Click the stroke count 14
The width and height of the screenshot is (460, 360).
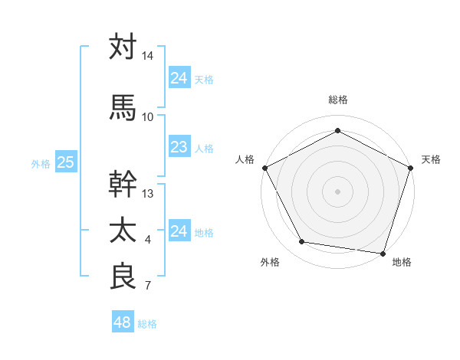coord(148,56)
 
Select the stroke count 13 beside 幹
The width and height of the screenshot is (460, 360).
coord(148,193)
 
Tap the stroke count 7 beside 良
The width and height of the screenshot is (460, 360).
coord(147,286)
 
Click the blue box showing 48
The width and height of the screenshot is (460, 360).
coord(123,322)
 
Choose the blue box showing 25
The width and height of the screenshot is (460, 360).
coord(66,162)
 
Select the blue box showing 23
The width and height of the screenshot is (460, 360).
coord(179,147)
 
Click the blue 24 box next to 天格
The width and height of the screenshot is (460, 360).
coord(179,78)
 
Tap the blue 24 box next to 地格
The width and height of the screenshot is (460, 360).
coord(179,231)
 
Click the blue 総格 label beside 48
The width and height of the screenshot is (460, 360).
coord(147,324)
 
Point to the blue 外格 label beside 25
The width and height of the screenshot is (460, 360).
coord(41,163)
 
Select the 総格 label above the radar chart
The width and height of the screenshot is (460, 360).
coord(337,100)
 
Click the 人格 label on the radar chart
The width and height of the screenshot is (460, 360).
coord(245,159)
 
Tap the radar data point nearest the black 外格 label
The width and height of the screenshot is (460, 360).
coord(302,242)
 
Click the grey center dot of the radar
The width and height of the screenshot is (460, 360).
coord(337,191)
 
